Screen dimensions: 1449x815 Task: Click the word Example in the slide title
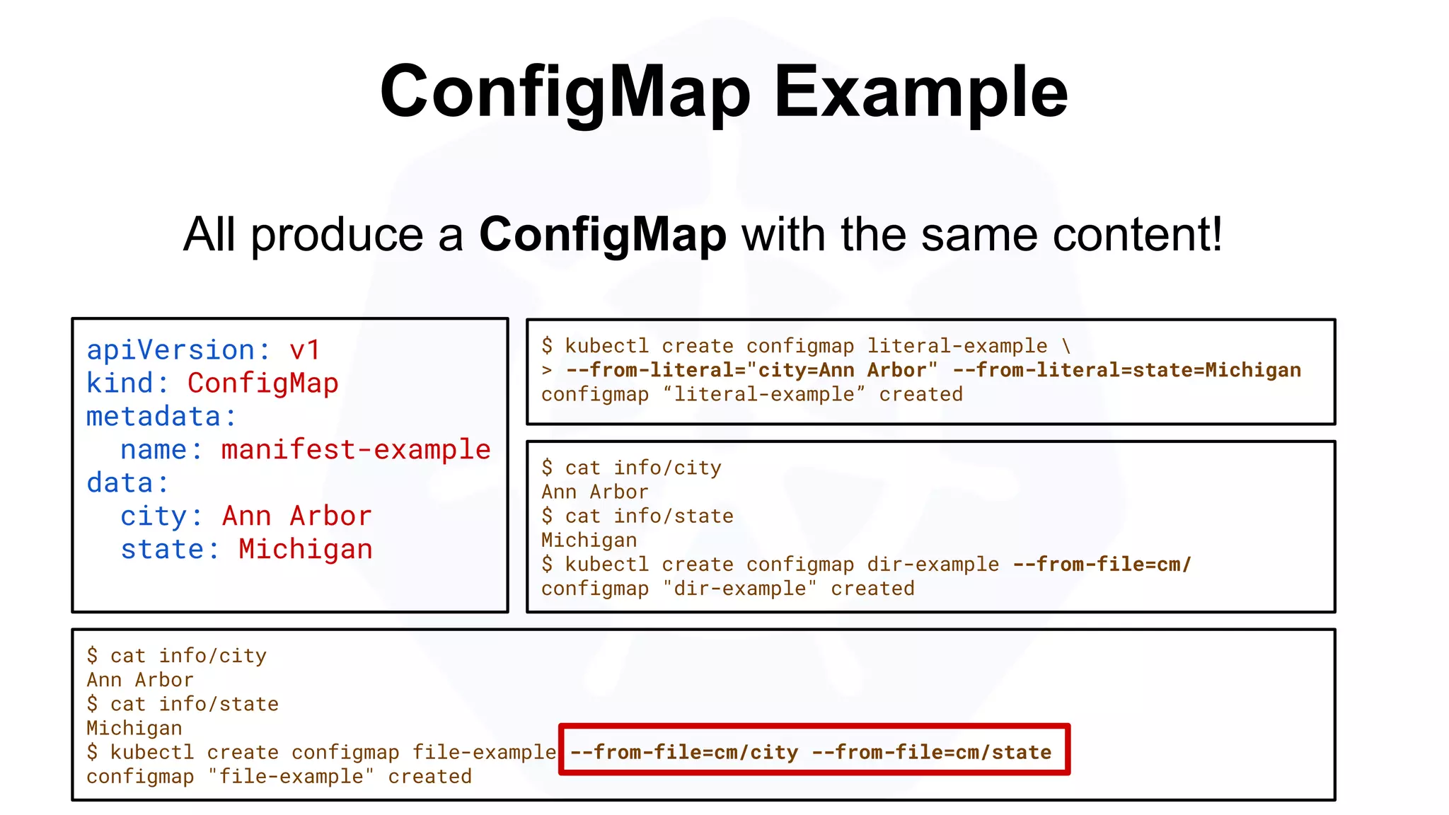coord(920,93)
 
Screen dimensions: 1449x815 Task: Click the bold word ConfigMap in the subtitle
coord(603,234)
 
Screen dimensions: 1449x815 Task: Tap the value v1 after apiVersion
coord(305,350)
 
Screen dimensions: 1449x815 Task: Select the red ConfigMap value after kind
coord(262,383)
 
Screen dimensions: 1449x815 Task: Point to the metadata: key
coord(161,417)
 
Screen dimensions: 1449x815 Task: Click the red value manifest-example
coord(356,450)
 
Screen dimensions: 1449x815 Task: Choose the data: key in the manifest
coord(128,483)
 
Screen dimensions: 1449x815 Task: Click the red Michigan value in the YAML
coord(305,550)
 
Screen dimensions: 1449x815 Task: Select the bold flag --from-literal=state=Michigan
coord(1126,370)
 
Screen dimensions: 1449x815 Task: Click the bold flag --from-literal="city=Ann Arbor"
coord(752,370)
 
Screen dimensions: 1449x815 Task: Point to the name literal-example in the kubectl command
coord(957,346)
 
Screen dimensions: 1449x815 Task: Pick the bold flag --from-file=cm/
coord(1102,565)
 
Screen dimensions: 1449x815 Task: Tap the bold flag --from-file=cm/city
coord(684,752)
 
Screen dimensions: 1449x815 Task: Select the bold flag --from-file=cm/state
coord(932,752)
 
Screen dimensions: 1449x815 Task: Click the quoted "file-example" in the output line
coord(291,777)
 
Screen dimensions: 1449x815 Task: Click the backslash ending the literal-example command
coord(1066,346)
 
